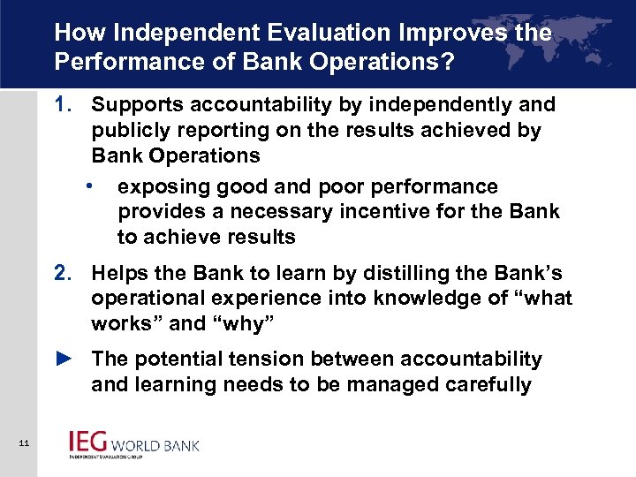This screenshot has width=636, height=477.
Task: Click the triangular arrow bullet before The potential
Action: (63, 360)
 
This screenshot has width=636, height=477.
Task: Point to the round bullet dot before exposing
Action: (90, 186)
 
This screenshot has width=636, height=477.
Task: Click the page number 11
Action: (23, 443)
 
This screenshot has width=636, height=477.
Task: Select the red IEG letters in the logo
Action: (88, 443)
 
